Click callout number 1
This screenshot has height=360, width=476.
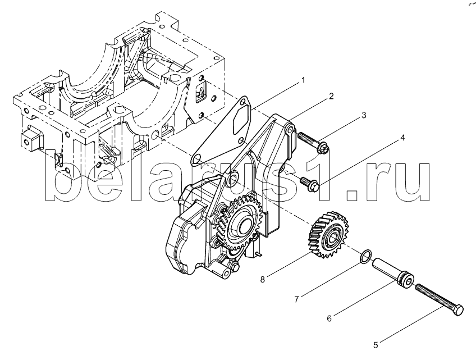[x=303, y=80]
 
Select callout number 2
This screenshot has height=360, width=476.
[x=331, y=96]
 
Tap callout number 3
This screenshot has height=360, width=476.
[x=363, y=115]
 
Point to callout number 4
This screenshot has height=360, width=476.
[x=402, y=138]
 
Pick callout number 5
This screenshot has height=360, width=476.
[x=376, y=345]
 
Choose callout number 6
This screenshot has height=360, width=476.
[x=329, y=318]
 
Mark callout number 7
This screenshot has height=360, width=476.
[x=296, y=299]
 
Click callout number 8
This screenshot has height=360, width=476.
[x=263, y=280]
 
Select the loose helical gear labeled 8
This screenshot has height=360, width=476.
[x=328, y=235]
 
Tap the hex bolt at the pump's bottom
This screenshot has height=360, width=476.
[x=235, y=267]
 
